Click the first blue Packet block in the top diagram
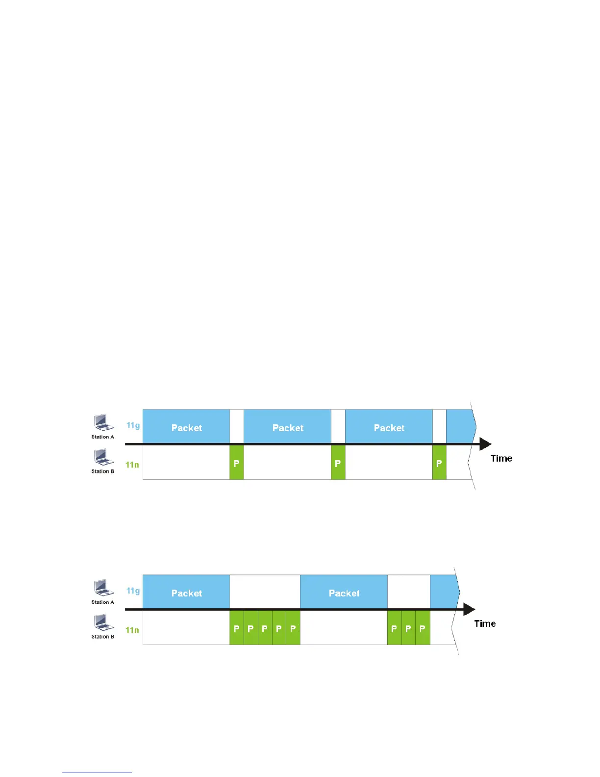tap(186, 427)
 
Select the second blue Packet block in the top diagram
tap(288, 427)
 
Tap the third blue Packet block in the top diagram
tap(389, 427)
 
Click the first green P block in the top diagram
tap(237, 463)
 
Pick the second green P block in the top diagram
tap(338, 463)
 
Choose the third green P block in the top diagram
tap(439, 463)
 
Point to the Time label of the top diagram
tap(501, 458)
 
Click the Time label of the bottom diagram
tap(485, 623)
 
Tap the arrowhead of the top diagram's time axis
tap(485, 444)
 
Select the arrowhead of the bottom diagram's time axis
tap(469, 610)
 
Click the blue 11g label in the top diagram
tap(133, 425)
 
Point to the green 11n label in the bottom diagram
tap(132, 630)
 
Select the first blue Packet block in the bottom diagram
tap(186, 592)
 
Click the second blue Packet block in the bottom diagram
tap(344, 592)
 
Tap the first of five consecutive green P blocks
tap(237, 628)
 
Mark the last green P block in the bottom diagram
tap(423, 628)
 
